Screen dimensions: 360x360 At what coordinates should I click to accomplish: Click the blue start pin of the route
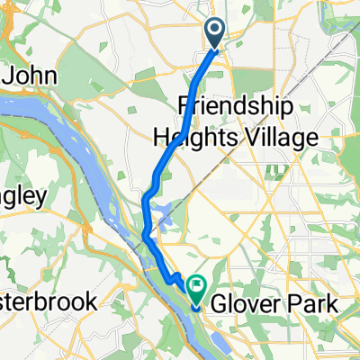pos(216,33)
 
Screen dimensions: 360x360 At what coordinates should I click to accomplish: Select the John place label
pos(33,76)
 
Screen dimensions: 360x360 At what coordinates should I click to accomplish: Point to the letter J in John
pos(9,76)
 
